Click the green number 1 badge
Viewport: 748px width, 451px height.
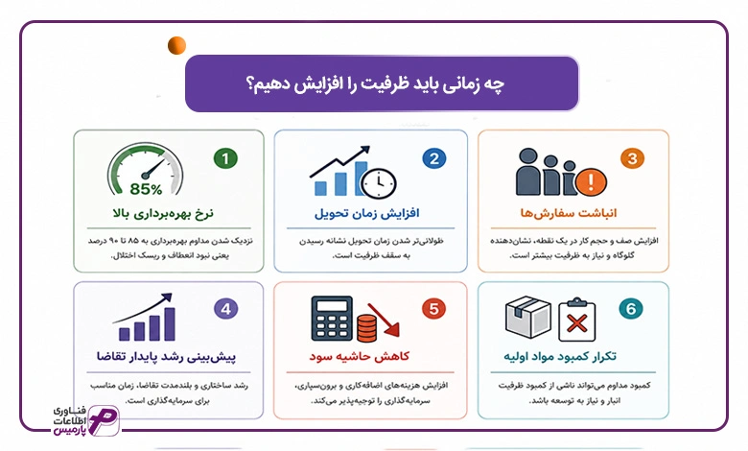click(x=225, y=158)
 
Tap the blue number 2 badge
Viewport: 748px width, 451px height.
click(x=434, y=158)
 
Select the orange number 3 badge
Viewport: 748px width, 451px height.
click(x=633, y=158)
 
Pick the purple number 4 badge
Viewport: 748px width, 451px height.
click(x=225, y=309)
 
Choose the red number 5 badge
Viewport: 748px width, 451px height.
click(x=433, y=309)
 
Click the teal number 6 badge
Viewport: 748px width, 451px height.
click(x=631, y=309)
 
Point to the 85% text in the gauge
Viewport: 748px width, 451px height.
click(x=146, y=189)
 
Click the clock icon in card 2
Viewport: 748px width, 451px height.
click(x=379, y=182)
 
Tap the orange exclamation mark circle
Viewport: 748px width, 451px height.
click(x=591, y=181)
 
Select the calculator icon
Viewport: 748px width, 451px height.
click(x=332, y=318)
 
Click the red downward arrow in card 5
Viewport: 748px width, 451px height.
click(x=384, y=320)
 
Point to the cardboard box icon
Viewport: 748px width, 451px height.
click(x=528, y=317)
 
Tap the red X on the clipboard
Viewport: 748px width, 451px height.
click(x=576, y=324)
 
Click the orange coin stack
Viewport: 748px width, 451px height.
click(x=367, y=328)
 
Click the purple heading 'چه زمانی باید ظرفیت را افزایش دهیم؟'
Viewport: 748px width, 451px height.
click(x=375, y=84)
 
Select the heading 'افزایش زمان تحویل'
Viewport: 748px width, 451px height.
click(x=367, y=213)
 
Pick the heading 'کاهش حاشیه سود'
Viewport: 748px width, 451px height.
click(x=360, y=357)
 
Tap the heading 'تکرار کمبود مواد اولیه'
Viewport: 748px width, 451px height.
click(x=560, y=357)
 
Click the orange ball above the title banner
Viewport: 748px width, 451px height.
click(x=176, y=45)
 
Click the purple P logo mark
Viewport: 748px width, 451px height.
click(x=104, y=420)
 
